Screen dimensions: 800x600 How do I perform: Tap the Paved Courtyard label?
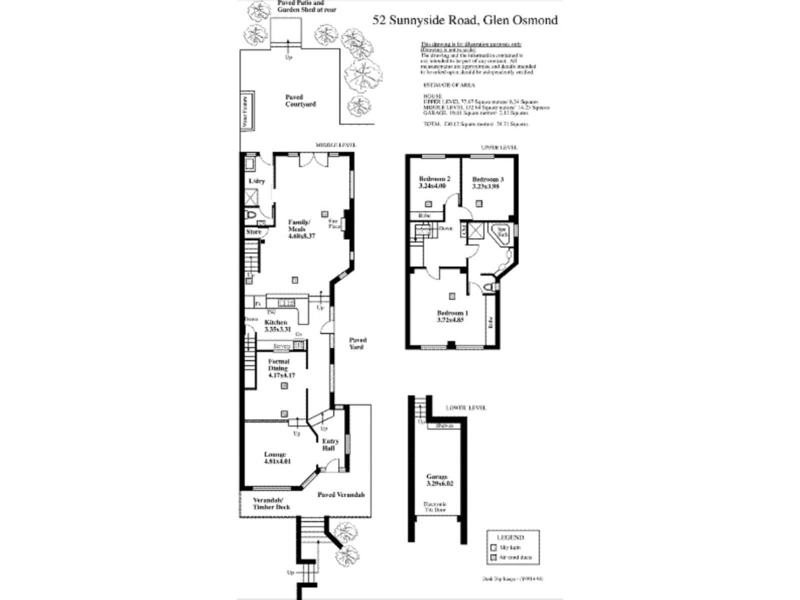(x=300, y=100)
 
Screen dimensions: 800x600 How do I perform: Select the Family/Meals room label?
(x=301, y=229)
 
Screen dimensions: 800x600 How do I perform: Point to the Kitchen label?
(x=277, y=325)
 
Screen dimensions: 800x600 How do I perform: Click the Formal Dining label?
(x=279, y=368)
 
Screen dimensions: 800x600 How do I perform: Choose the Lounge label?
(x=275, y=457)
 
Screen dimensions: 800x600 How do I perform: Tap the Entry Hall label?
(x=330, y=444)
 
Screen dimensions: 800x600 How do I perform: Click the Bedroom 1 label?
(x=452, y=316)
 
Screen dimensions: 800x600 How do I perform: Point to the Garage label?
(x=436, y=480)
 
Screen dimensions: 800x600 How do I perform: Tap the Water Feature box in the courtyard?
(x=246, y=110)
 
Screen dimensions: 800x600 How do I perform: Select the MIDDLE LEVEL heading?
(x=335, y=145)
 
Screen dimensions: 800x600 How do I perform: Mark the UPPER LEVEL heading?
(x=498, y=147)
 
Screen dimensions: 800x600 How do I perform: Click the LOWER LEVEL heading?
(x=465, y=408)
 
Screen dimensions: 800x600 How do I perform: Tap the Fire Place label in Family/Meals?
(x=333, y=223)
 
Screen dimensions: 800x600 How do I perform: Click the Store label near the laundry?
(x=253, y=232)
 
